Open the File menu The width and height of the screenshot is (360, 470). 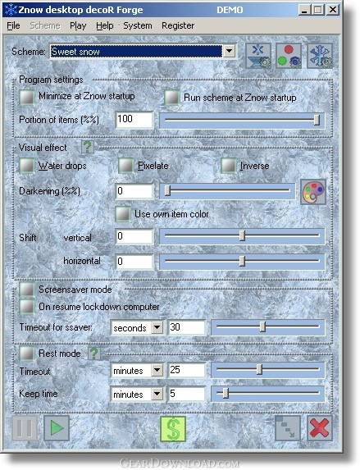[x=13, y=25]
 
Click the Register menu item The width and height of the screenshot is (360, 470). [x=178, y=25]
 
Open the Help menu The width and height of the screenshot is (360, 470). [x=105, y=25]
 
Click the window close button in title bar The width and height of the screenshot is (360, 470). [x=332, y=10]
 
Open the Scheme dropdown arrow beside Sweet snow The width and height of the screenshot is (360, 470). [x=229, y=51]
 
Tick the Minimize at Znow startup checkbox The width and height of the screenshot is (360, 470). [x=27, y=97]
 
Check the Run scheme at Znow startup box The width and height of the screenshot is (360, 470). [x=172, y=97]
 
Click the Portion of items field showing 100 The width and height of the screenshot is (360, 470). [x=134, y=120]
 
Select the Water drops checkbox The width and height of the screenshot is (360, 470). [x=27, y=166]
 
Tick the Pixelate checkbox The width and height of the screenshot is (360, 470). [x=125, y=166]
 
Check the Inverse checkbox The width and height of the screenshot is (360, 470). [x=228, y=166]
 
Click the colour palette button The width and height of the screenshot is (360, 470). [x=313, y=192]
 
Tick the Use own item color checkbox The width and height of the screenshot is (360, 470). [x=123, y=214]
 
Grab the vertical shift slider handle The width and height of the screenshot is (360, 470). [x=242, y=236]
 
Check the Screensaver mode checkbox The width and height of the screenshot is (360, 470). [x=27, y=290]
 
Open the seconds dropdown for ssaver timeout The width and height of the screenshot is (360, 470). [x=157, y=327]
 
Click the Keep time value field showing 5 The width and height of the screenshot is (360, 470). [x=186, y=394]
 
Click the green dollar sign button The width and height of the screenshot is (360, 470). [x=173, y=429]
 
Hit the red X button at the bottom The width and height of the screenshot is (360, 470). [x=320, y=428]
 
